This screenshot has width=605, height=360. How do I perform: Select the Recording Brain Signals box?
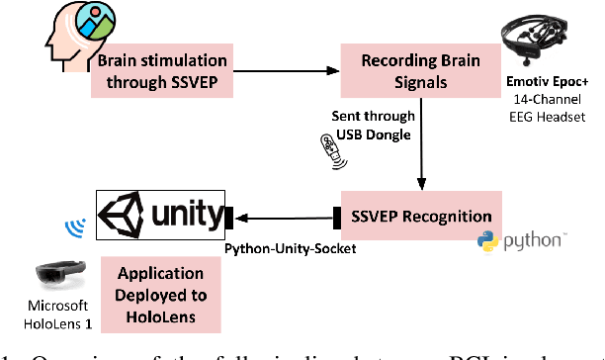(417, 69)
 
